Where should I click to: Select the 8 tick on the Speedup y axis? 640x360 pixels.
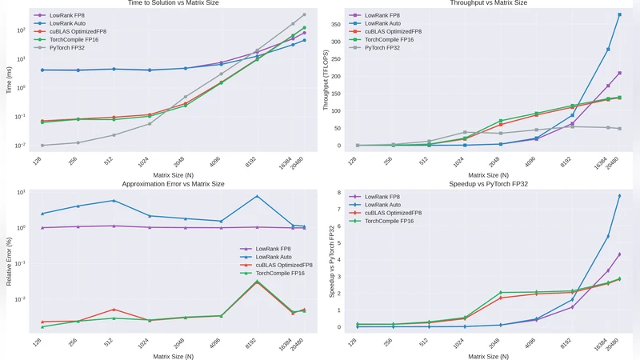[340, 193]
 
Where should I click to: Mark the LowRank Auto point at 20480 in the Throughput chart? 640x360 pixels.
[619, 14]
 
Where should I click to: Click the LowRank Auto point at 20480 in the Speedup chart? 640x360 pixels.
[619, 196]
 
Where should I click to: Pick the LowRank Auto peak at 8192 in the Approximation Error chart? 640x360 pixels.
[257, 196]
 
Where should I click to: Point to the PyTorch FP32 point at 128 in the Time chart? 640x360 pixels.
[42, 146]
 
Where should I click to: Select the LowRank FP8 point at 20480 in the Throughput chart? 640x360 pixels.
[619, 73]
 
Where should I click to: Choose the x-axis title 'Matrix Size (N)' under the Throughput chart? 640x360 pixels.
[488, 174]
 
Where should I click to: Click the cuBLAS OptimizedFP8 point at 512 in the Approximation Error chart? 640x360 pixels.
[114, 310]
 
